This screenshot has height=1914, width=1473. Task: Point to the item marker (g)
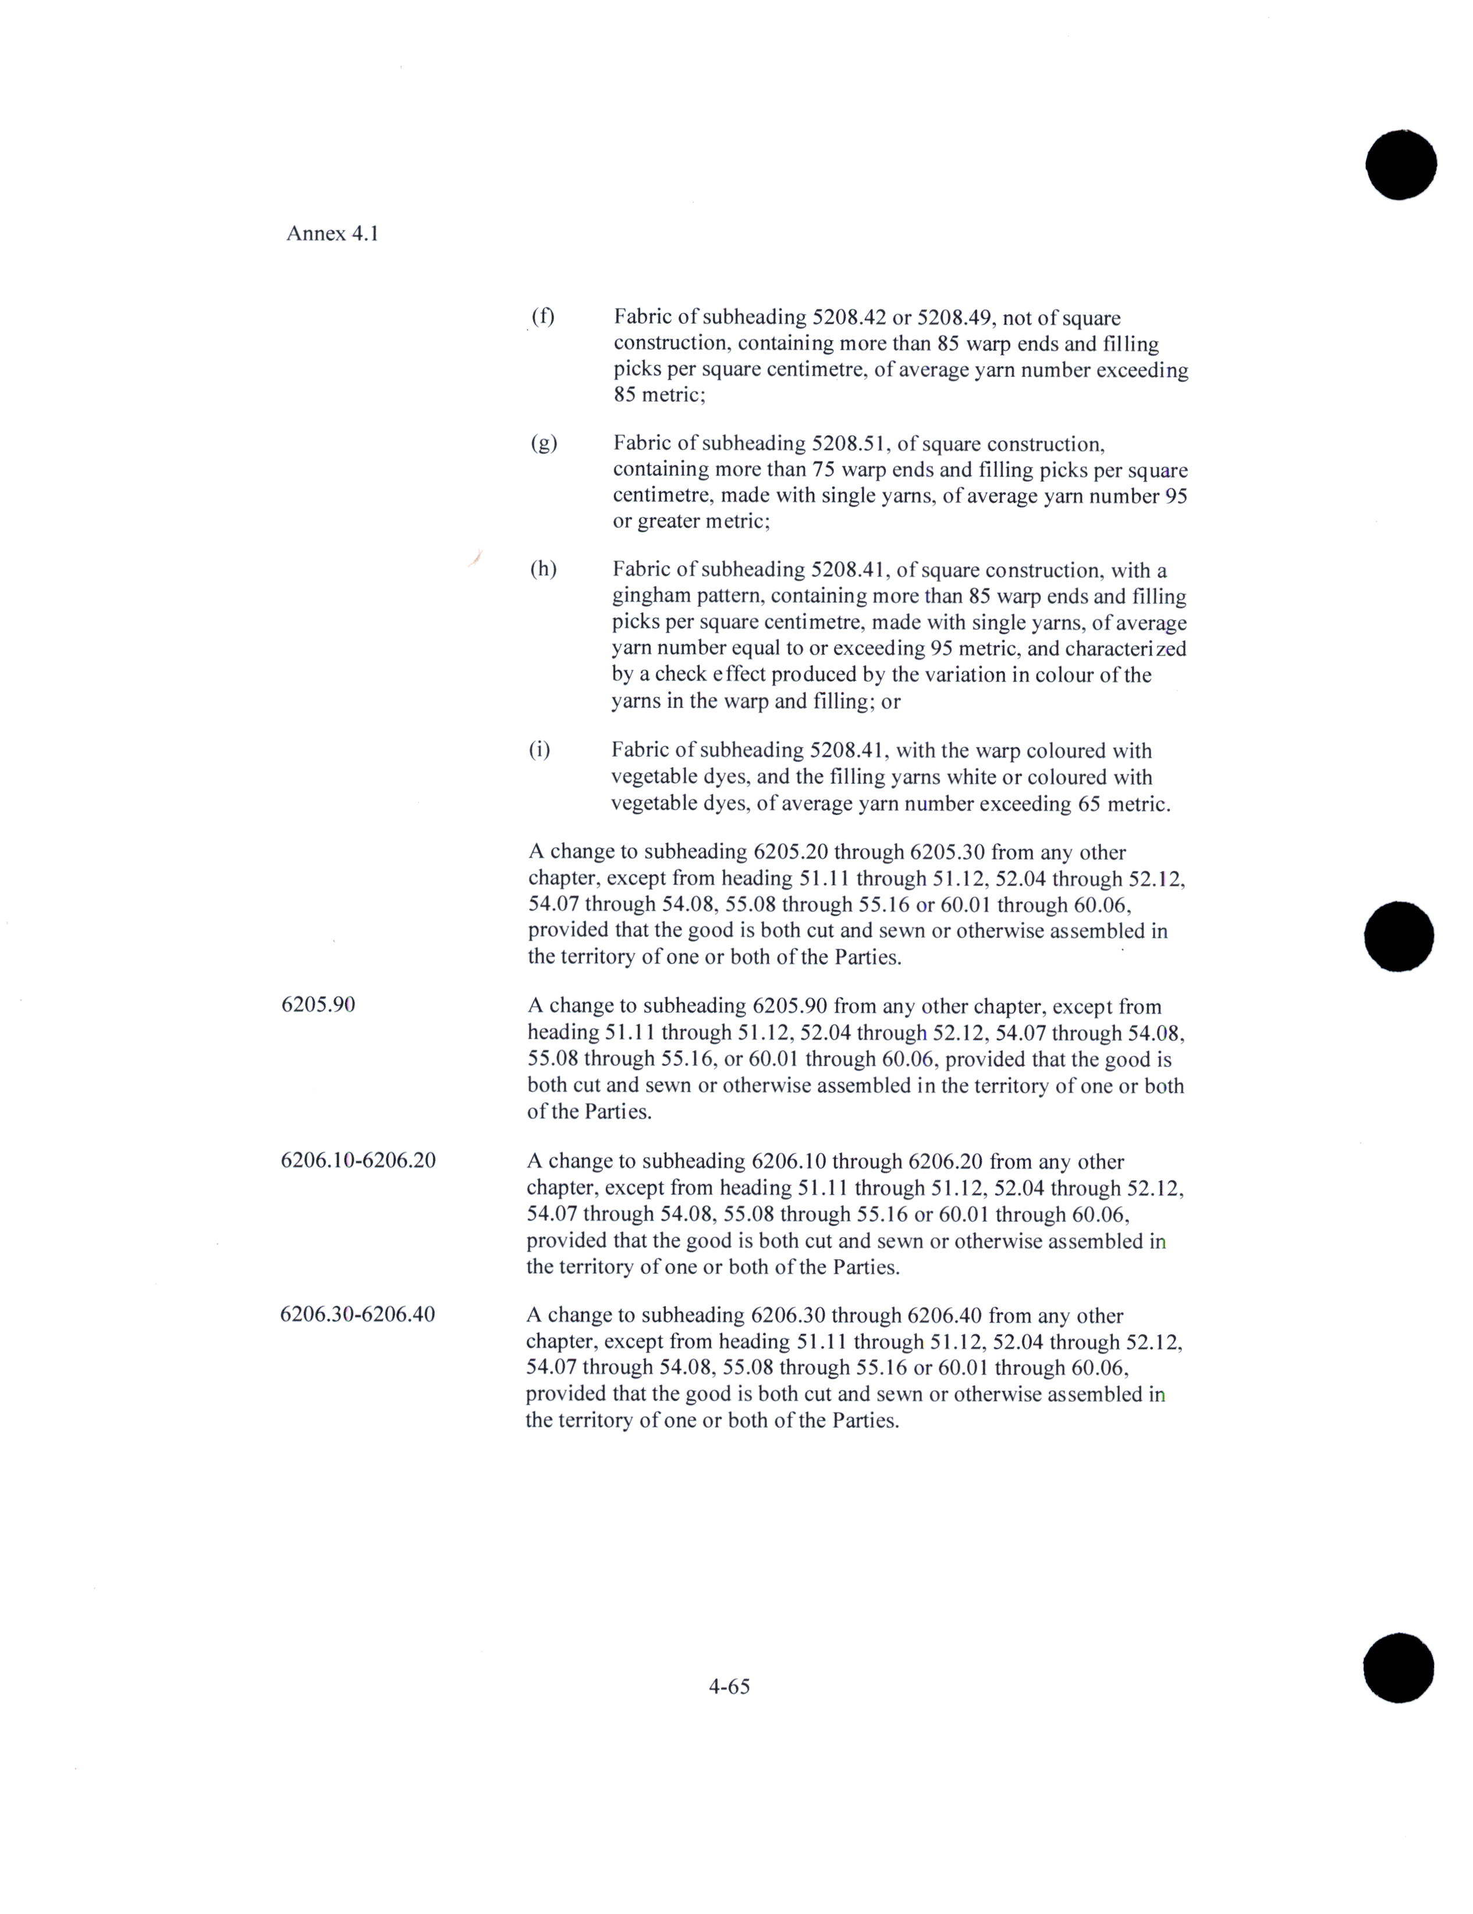(544, 444)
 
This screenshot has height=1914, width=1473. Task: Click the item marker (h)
(542, 570)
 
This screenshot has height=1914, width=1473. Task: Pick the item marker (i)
(539, 750)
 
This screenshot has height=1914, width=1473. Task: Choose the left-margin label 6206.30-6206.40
(357, 1314)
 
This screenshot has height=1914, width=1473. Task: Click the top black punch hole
(1400, 164)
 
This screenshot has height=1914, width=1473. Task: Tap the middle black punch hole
(1399, 936)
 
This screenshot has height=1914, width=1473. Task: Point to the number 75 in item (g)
(824, 470)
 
